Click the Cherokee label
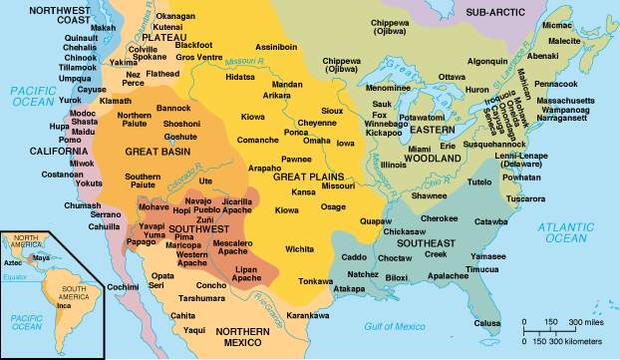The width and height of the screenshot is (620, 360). pyautogui.click(x=438, y=218)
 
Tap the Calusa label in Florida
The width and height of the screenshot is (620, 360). pyautogui.click(x=487, y=322)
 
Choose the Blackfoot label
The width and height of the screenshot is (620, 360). pyautogui.click(x=193, y=46)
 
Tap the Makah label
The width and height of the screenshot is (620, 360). pyautogui.click(x=103, y=28)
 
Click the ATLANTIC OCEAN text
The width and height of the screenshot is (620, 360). pyautogui.click(x=564, y=233)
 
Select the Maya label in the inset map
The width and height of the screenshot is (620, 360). pyautogui.click(x=41, y=257)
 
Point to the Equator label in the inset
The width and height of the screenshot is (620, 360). pyautogui.click(x=15, y=276)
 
